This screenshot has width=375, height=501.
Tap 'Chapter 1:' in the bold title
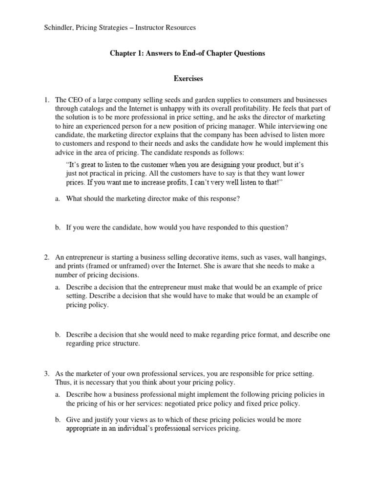pyautogui.click(x=126, y=53)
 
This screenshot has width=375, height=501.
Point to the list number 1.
pyautogui.click(x=47, y=100)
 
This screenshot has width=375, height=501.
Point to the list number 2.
pyautogui.click(x=47, y=257)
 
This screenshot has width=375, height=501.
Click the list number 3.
pyautogui.click(x=47, y=374)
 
